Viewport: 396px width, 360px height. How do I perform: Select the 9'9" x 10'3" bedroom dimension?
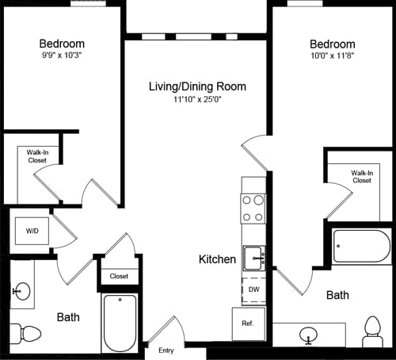[62, 56]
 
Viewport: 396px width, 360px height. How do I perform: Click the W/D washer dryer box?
[32, 231]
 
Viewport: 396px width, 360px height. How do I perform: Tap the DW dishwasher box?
[253, 290]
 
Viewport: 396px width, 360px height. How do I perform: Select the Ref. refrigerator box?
[247, 324]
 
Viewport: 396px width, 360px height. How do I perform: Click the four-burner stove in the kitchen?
[253, 208]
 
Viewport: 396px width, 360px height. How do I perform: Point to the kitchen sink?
[253, 259]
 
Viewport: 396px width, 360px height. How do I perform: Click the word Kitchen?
[217, 259]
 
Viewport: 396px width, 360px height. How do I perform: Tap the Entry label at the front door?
[166, 350]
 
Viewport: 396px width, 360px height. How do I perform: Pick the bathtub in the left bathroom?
[120, 322]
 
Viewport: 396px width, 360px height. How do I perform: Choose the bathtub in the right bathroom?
[361, 247]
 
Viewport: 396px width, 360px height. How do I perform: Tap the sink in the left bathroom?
[22, 292]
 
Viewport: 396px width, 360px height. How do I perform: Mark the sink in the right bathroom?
[310, 336]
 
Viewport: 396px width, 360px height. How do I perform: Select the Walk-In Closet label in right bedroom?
[362, 176]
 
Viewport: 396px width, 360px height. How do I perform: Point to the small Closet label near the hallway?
[119, 276]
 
